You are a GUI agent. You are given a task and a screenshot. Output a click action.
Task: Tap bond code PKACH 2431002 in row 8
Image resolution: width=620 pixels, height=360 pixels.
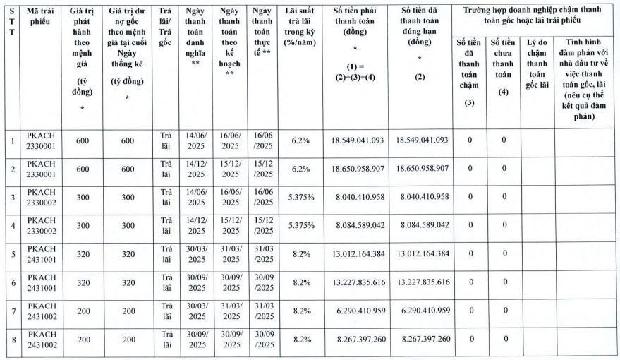[x=41, y=340]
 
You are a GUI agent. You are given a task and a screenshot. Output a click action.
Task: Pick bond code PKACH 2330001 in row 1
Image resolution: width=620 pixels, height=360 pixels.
[x=41, y=140]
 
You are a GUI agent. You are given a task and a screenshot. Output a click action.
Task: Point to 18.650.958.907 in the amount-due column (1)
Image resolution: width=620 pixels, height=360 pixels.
[x=357, y=169]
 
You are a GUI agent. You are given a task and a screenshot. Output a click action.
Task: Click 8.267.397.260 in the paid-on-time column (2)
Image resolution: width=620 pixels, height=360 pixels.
[x=422, y=340]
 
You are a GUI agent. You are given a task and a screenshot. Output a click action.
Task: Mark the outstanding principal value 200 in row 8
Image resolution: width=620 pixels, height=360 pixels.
[x=127, y=340]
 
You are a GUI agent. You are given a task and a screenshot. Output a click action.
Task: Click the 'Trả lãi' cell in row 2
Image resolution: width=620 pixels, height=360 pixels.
[x=166, y=169]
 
